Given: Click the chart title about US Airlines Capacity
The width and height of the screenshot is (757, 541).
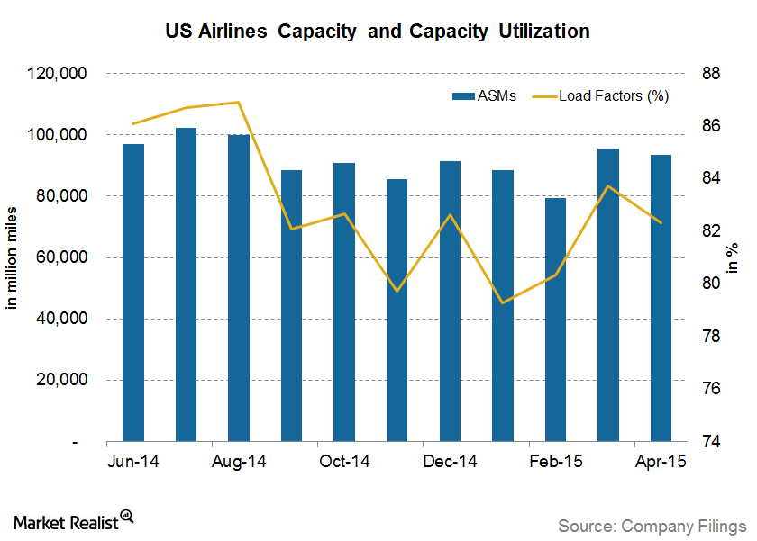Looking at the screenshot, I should tap(378, 32).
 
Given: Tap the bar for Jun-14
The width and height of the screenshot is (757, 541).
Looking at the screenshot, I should tap(133, 293).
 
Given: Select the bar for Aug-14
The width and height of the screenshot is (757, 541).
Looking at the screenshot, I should tap(239, 288).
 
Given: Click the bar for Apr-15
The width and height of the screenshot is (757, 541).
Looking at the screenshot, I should tap(661, 298).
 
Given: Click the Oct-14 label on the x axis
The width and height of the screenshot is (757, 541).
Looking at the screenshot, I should tap(344, 462).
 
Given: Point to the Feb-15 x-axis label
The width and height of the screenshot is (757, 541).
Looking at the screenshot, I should tap(555, 462).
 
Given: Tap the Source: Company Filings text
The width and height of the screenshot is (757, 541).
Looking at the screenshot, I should tap(652, 524).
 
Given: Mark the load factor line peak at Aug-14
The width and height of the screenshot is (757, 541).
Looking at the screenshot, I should tap(239, 102).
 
